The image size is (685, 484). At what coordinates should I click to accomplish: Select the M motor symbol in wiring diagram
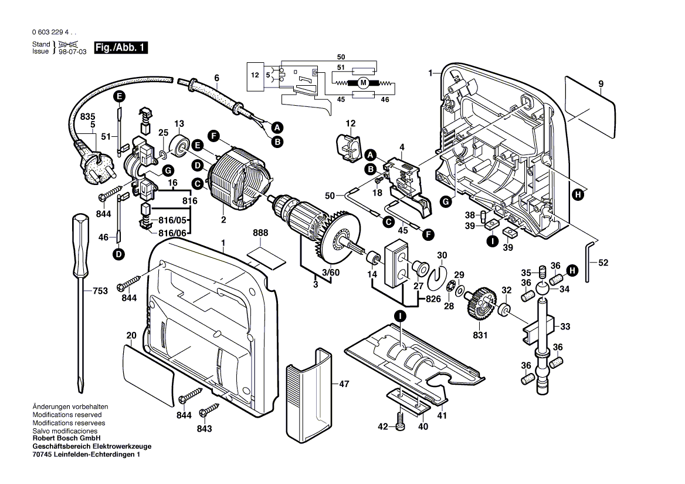coord(363,83)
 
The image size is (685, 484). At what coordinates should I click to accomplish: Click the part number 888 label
coord(260,233)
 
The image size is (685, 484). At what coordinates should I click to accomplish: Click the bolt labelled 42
coord(401,421)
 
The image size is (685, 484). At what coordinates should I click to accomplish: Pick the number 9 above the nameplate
coord(601,84)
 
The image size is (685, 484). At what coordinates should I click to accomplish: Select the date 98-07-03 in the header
coord(73,52)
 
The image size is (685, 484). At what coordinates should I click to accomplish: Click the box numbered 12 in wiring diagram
coord(255,75)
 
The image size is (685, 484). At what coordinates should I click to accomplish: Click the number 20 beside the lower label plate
coord(131,335)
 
